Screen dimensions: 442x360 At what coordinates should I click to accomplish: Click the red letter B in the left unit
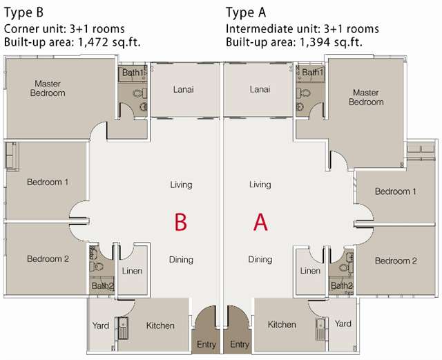[181, 222]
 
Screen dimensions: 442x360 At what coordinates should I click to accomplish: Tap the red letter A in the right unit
[260, 222]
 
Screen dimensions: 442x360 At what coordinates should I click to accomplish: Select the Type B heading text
[23, 12]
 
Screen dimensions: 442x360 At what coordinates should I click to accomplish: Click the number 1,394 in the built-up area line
[315, 42]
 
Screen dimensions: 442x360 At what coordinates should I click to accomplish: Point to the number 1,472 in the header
[93, 42]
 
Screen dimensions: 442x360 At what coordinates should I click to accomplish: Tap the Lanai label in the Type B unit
[184, 89]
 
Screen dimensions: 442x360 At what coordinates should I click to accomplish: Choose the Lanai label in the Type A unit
[260, 89]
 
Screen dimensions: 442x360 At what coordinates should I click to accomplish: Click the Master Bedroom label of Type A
[366, 97]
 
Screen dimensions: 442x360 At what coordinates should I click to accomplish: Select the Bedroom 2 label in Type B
[48, 258]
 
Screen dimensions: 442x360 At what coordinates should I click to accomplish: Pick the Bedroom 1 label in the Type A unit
[396, 191]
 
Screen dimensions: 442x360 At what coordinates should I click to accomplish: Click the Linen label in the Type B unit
[132, 271]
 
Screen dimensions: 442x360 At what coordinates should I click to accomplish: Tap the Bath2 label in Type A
[342, 285]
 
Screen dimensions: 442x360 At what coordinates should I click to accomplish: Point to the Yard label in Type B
[101, 325]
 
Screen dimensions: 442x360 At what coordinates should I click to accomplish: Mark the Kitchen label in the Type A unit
[282, 325]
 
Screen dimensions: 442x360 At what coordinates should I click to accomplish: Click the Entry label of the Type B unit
[206, 345]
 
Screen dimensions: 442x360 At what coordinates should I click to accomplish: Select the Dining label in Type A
[260, 260]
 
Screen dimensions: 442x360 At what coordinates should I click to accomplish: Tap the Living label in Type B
[181, 184]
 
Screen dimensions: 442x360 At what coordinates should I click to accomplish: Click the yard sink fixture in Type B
[123, 328]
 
